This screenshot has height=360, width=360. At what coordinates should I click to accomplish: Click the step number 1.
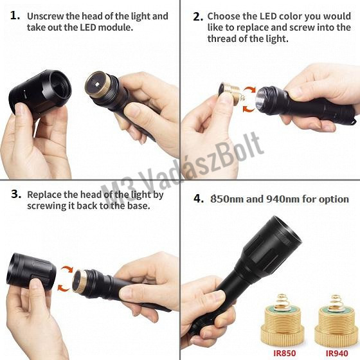tap(15, 16)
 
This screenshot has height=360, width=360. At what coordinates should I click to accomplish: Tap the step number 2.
tap(198, 17)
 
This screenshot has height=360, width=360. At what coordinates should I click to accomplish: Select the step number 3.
tap(16, 194)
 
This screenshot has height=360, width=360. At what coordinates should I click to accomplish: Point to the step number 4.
tap(199, 199)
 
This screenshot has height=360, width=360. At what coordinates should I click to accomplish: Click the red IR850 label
tap(285, 353)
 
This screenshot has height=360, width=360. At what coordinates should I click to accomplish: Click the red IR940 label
tap(337, 353)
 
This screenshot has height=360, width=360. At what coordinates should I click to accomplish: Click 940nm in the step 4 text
tap(283, 199)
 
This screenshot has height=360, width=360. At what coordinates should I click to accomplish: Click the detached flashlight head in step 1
tap(40, 93)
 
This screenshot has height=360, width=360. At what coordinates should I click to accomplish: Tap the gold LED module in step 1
tap(98, 84)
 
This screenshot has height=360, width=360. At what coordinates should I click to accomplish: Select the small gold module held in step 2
tap(229, 93)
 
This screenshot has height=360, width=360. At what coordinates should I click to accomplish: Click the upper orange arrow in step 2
tap(250, 90)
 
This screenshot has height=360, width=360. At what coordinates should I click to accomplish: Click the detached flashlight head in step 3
tap(32, 271)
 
